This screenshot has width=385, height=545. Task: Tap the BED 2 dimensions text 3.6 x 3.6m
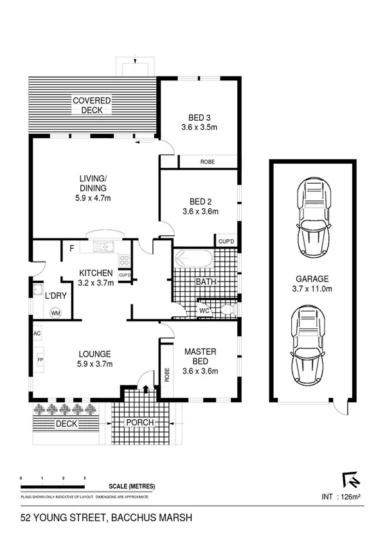click(200, 211)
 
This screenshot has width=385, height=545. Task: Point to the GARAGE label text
click(312, 279)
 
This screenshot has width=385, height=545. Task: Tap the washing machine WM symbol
click(55, 313)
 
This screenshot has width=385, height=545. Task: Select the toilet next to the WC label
click(225, 311)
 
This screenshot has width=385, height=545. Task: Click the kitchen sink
click(102, 247)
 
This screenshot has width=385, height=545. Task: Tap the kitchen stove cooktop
click(125, 260)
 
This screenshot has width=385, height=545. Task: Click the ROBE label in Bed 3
click(207, 161)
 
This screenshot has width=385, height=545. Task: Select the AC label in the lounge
click(37, 334)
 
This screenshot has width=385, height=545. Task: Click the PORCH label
click(139, 424)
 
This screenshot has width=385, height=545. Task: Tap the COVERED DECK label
click(91, 105)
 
